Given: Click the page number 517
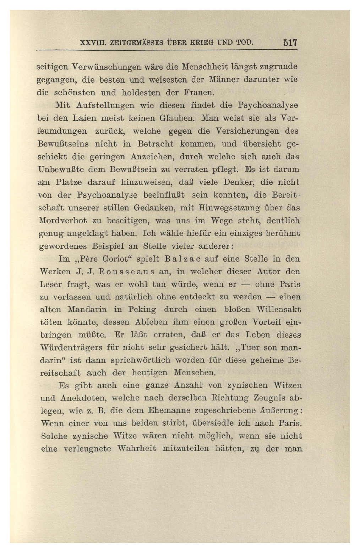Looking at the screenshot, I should point(290,43).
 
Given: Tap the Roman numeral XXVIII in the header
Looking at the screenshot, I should point(91,43).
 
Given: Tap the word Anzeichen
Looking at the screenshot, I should point(146,156).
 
